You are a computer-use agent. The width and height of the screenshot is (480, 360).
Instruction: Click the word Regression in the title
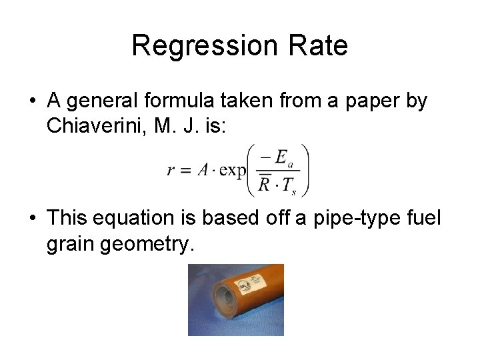[x=201, y=46]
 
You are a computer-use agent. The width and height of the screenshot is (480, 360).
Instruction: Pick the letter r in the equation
[x=171, y=170]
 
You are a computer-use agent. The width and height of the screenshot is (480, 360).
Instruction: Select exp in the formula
[x=231, y=170]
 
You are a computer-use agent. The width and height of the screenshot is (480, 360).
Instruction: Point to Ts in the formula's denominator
[x=287, y=186]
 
